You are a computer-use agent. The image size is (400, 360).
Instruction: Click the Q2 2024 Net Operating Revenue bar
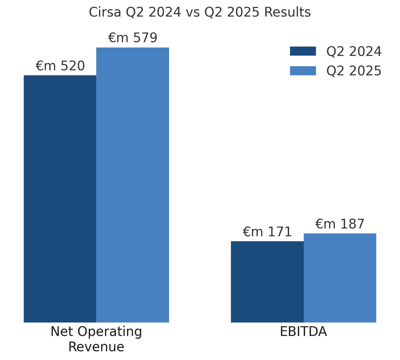click(60, 199)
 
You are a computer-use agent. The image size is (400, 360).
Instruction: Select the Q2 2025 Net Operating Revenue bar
click(132, 185)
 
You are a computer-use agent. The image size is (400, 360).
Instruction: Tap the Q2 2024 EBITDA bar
click(267, 282)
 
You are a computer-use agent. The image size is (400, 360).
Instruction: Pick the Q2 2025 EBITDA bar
click(340, 278)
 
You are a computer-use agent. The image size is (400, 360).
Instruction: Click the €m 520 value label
click(60, 66)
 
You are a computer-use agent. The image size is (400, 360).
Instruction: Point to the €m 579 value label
click(132, 38)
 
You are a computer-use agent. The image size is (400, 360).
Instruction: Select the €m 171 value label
click(267, 232)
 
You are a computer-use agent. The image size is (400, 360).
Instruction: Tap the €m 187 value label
click(340, 224)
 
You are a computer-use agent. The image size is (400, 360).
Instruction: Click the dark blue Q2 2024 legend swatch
click(303, 51)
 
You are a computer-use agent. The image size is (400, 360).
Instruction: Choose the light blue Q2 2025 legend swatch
click(303, 71)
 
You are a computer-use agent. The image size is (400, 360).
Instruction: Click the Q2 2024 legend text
click(354, 52)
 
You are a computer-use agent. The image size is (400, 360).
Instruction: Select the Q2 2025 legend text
click(354, 71)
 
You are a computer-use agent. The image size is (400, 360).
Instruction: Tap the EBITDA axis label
click(303, 332)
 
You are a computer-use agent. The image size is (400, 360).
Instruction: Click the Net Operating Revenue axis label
click(96, 339)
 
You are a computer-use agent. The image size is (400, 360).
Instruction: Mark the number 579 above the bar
click(145, 38)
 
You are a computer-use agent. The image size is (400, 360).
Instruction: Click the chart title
click(200, 12)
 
